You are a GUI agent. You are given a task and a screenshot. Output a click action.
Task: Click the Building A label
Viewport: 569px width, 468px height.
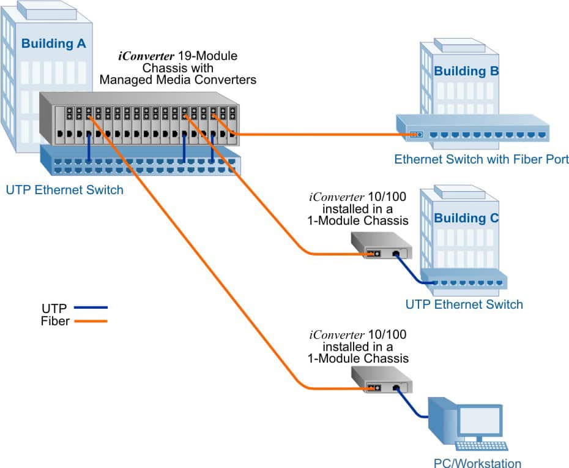(54, 43)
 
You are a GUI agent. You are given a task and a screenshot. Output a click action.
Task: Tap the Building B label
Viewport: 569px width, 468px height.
(466, 72)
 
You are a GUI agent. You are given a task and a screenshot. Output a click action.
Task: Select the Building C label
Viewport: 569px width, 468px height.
(466, 218)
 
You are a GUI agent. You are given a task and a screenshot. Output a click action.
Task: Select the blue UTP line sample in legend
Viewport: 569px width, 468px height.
(91, 308)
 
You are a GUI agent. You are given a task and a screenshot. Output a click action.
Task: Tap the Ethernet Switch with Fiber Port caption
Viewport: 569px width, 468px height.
(482, 160)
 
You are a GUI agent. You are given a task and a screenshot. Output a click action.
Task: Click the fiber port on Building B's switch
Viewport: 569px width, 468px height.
(416, 134)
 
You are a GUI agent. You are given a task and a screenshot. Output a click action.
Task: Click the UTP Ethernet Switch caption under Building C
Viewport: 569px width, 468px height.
(464, 304)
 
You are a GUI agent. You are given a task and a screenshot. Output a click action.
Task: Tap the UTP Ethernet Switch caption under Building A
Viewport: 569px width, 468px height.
(64, 190)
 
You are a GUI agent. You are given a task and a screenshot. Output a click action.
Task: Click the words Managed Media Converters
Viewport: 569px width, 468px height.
(177, 80)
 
